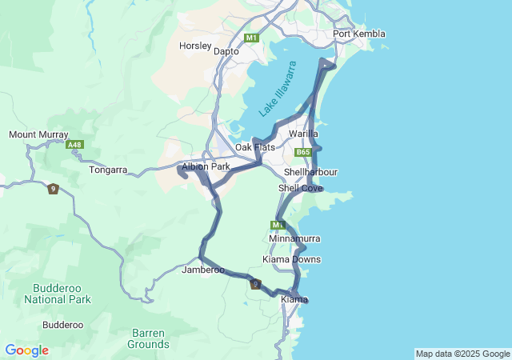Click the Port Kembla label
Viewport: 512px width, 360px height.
[x=359, y=34]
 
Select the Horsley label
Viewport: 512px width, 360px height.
[x=194, y=46]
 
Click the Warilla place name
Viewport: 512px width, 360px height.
[x=303, y=134]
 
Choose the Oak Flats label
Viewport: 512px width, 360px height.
[x=255, y=148]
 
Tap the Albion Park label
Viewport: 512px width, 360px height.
[x=206, y=166]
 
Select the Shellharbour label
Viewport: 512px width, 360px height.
[x=310, y=172]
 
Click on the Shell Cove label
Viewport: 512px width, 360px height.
[x=301, y=188]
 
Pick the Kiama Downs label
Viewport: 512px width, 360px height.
[x=292, y=259]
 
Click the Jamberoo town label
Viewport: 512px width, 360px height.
[x=203, y=270]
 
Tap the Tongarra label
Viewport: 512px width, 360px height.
[x=109, y=170]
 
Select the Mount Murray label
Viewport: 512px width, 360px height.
[x=38, y=135]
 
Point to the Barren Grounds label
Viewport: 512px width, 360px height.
[x=148, y=338]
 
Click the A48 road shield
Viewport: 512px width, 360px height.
[x=75, y=145]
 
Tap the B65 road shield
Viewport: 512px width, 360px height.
[x=302, y=152]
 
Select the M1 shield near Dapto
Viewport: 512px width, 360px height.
[x=252, y=38]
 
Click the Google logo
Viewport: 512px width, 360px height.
[x=26, y=350]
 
